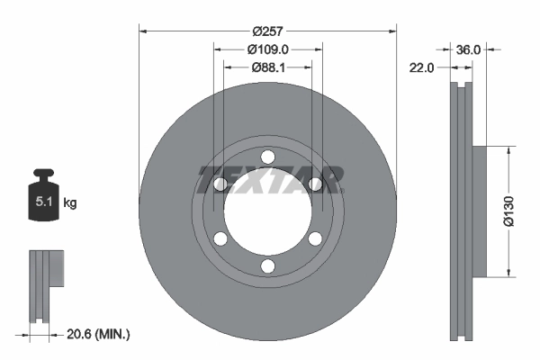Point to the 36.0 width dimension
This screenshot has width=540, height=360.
[469, 49]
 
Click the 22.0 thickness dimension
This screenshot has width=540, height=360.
[422, 67]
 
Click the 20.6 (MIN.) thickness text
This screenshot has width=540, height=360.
[99, 334]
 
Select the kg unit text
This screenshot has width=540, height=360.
[70, 203]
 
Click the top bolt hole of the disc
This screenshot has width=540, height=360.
[267, 157]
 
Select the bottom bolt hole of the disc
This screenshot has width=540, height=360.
[267, 266]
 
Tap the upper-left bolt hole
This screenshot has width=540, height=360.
[220, 184]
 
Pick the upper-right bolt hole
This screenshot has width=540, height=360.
[314, 184]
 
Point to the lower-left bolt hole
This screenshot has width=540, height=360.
[220, 239]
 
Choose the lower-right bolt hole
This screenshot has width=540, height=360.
[314, 239]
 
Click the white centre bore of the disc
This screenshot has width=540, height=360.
[267, 212]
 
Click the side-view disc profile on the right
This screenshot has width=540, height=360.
[462, 211]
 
